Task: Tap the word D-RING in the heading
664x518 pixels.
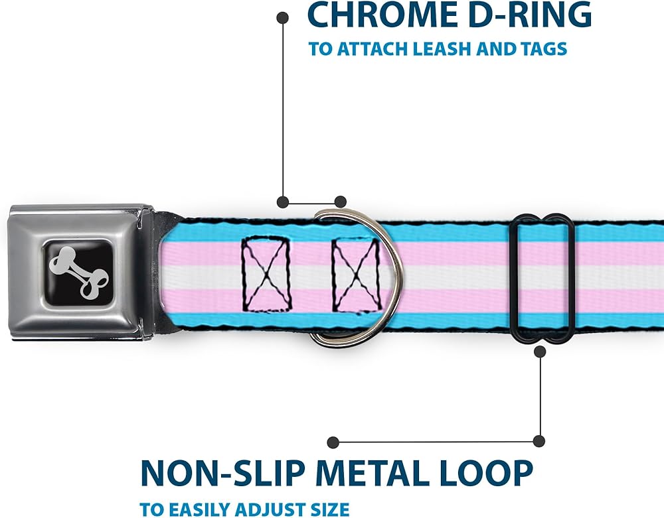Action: tap(525, 15)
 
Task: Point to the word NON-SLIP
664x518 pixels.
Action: tap(222, 473)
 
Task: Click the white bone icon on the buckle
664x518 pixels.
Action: tap(79, 273)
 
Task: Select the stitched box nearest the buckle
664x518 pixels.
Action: tap(266, 275)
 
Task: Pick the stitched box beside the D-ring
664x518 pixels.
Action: tap(356, 275)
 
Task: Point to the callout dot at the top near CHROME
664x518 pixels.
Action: tap(282, 18)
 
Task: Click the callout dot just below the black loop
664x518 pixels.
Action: tap(540, 352)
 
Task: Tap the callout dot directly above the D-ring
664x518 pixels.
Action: tap(341, 202)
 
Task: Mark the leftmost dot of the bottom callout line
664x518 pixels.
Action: tap(333, 442)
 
